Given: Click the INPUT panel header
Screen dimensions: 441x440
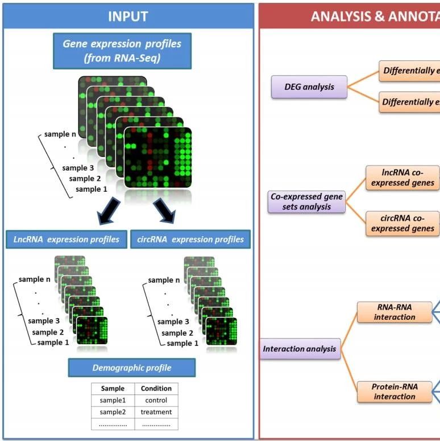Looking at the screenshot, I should tap(128, 16).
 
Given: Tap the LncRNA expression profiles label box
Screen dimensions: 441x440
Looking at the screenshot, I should tap(67, 239).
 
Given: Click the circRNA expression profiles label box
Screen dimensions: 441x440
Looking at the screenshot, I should tap(190, 239).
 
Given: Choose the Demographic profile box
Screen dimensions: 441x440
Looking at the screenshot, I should tap(131, 368).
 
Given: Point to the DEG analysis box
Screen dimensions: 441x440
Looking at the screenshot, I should tap(309, 87).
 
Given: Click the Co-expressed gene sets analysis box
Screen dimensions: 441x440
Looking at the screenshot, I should tap(307, 201).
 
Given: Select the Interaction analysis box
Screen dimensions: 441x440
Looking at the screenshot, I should tap(300, 348).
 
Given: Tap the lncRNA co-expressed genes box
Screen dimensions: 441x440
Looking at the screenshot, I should tap(402, 177).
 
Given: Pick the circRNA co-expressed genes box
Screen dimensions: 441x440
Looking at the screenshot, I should tap(402, 222).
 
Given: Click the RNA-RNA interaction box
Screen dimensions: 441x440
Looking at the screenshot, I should tap(395, 312).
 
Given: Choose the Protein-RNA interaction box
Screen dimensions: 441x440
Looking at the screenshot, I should tap(395, 391).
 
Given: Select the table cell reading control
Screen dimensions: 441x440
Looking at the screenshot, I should tap(156, 400).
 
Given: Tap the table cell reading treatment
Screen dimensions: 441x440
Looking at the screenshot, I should tap(156, 412).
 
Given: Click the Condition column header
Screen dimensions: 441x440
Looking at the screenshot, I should tap(156, 389).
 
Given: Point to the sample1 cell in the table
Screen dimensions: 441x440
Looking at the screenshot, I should tap(113, 400).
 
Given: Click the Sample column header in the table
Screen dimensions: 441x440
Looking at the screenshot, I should tap(113, 389).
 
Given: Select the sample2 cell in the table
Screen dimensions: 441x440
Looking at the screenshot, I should tap(113, 412).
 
